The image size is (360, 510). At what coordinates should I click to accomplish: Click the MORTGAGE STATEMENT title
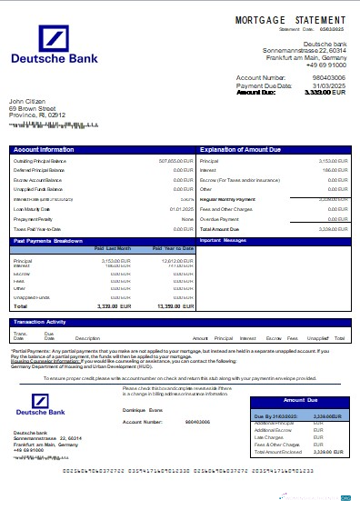pyautogui.click(x=290, y=19)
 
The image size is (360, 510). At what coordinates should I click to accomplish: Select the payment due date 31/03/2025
pyautogui.click(x=330, y=85)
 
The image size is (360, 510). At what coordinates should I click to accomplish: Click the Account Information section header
pyautogui.click(x=45, y=148)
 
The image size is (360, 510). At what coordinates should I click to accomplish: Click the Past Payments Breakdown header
pyautogui.click(x=49, y=242)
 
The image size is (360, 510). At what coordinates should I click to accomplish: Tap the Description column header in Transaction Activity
pyautogui.click(x=87, y=338)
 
